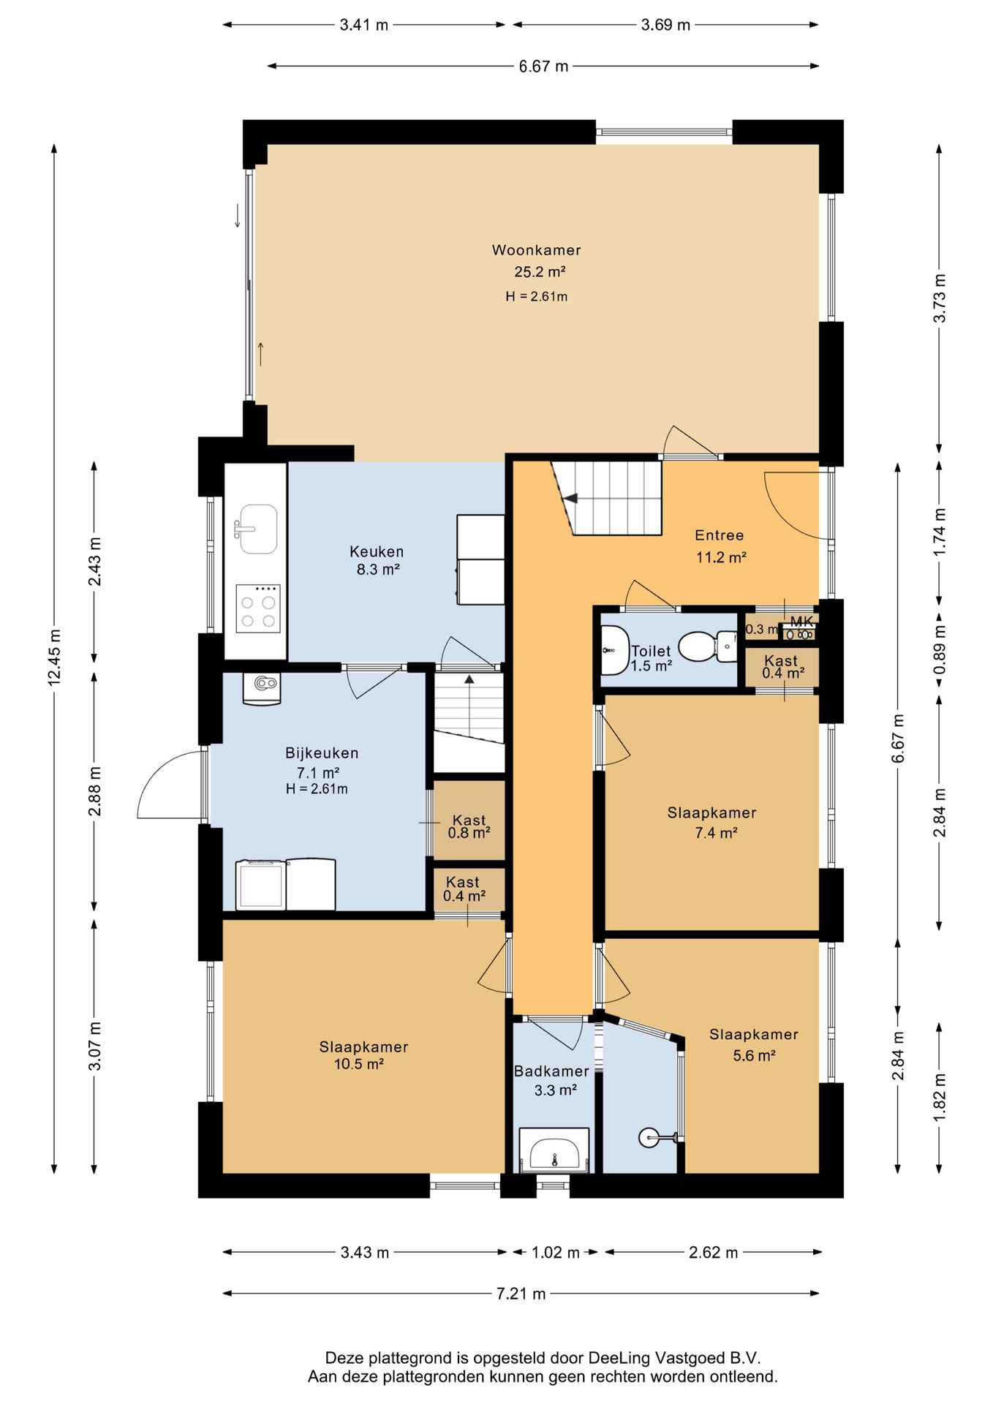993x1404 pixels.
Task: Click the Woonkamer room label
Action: coord(537,250)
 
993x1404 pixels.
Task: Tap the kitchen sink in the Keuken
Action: coord(257,528)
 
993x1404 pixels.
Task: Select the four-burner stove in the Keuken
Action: coord(258,608)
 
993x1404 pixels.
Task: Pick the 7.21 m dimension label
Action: coord(521,1294)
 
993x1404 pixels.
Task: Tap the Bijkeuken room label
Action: coord(322,752)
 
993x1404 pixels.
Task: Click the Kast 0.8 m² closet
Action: coord(469,820)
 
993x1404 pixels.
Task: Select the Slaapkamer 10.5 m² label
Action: coord(363,1055)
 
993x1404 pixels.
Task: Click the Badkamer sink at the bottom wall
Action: coord(554,1150)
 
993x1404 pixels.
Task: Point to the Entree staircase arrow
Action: coord(570,499)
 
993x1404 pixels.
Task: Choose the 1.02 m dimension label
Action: coord(555,1253)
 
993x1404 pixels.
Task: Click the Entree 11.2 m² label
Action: coord(720,546)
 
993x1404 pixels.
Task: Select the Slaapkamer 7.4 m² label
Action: coord(711,823)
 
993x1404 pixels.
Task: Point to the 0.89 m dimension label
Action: coord(940,649)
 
